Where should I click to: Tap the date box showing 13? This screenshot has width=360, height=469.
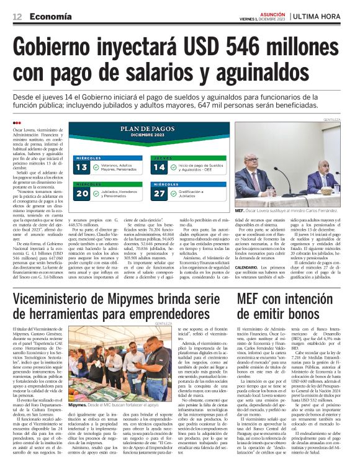tap(82, 167)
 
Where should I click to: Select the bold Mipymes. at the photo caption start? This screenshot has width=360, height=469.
tap(78, 404)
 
